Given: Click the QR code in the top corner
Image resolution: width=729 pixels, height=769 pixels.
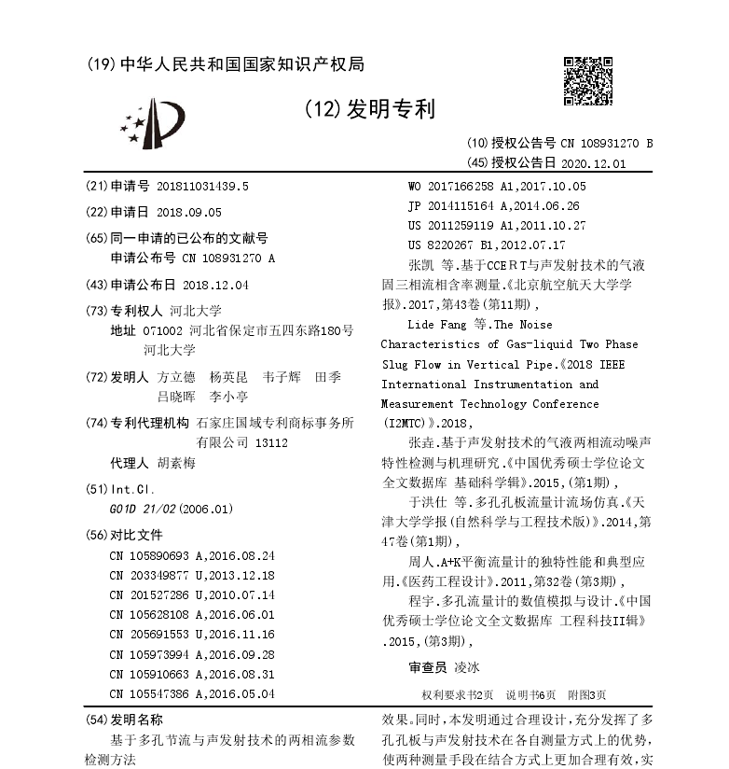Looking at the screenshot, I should coord(585,77).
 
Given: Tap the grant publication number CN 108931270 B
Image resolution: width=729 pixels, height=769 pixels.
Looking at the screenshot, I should coord(607,144).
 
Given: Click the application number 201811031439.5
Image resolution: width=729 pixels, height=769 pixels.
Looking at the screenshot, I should coord(203,186).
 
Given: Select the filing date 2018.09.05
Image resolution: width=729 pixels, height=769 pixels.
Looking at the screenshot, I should coord(189,212).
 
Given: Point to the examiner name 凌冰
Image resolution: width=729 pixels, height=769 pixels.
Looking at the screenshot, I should coord(466,668).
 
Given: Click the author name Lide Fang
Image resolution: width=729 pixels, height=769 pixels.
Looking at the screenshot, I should coord(440,325).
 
